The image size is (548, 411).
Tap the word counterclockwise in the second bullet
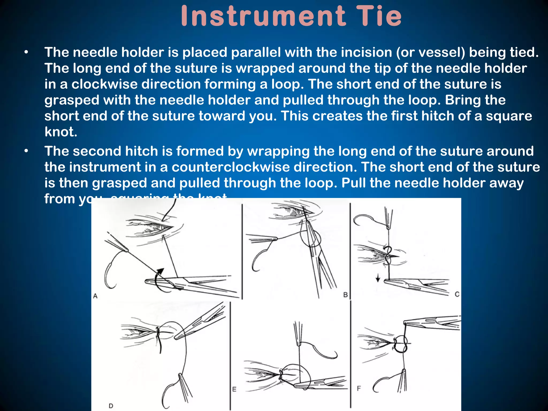(x=230, y=167)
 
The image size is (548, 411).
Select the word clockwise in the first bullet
(x=104, y=84)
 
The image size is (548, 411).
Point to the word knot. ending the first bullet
(x=61, y=132)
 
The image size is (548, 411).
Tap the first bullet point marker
(x=26, y=52)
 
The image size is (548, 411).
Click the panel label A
(x=95, y=296)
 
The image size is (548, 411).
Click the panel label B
(x=345, y=295)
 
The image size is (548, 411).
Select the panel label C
(x=457, y=294)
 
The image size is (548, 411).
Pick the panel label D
(x=111, y=406)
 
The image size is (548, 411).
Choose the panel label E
(x=234, y=389)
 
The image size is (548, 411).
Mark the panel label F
(x=359, y=388)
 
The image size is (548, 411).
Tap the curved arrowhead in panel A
(x=160, y=271)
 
